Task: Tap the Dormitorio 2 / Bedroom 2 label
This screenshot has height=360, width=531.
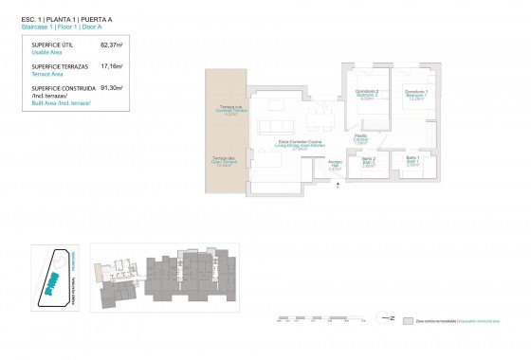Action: [367, 94]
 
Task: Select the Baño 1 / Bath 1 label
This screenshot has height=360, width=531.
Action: [413, 161]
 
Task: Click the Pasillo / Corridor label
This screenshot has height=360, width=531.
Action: [361, 139]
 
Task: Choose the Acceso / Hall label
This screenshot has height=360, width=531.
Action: [335, 165]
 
